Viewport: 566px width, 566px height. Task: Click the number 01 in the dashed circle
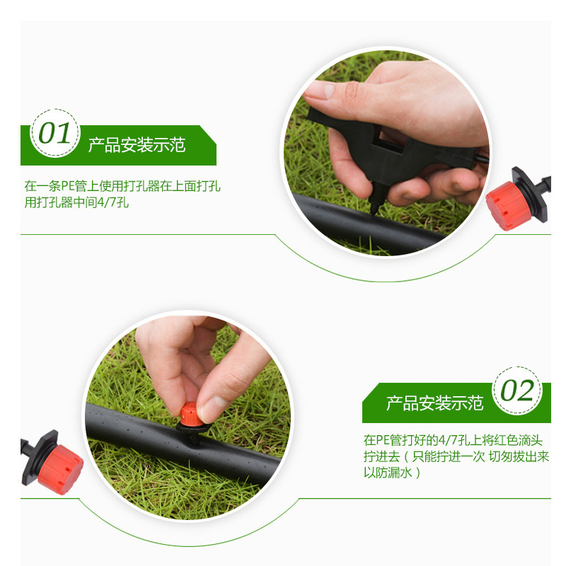(54, 133)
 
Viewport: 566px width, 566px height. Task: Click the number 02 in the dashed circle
(518, 391)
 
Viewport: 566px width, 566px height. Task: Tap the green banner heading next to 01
(137, 146)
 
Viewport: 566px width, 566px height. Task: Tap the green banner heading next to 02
(434, 403)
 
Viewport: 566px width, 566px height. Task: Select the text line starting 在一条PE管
(122, 187)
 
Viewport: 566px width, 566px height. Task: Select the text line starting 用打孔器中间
(76, 203)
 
